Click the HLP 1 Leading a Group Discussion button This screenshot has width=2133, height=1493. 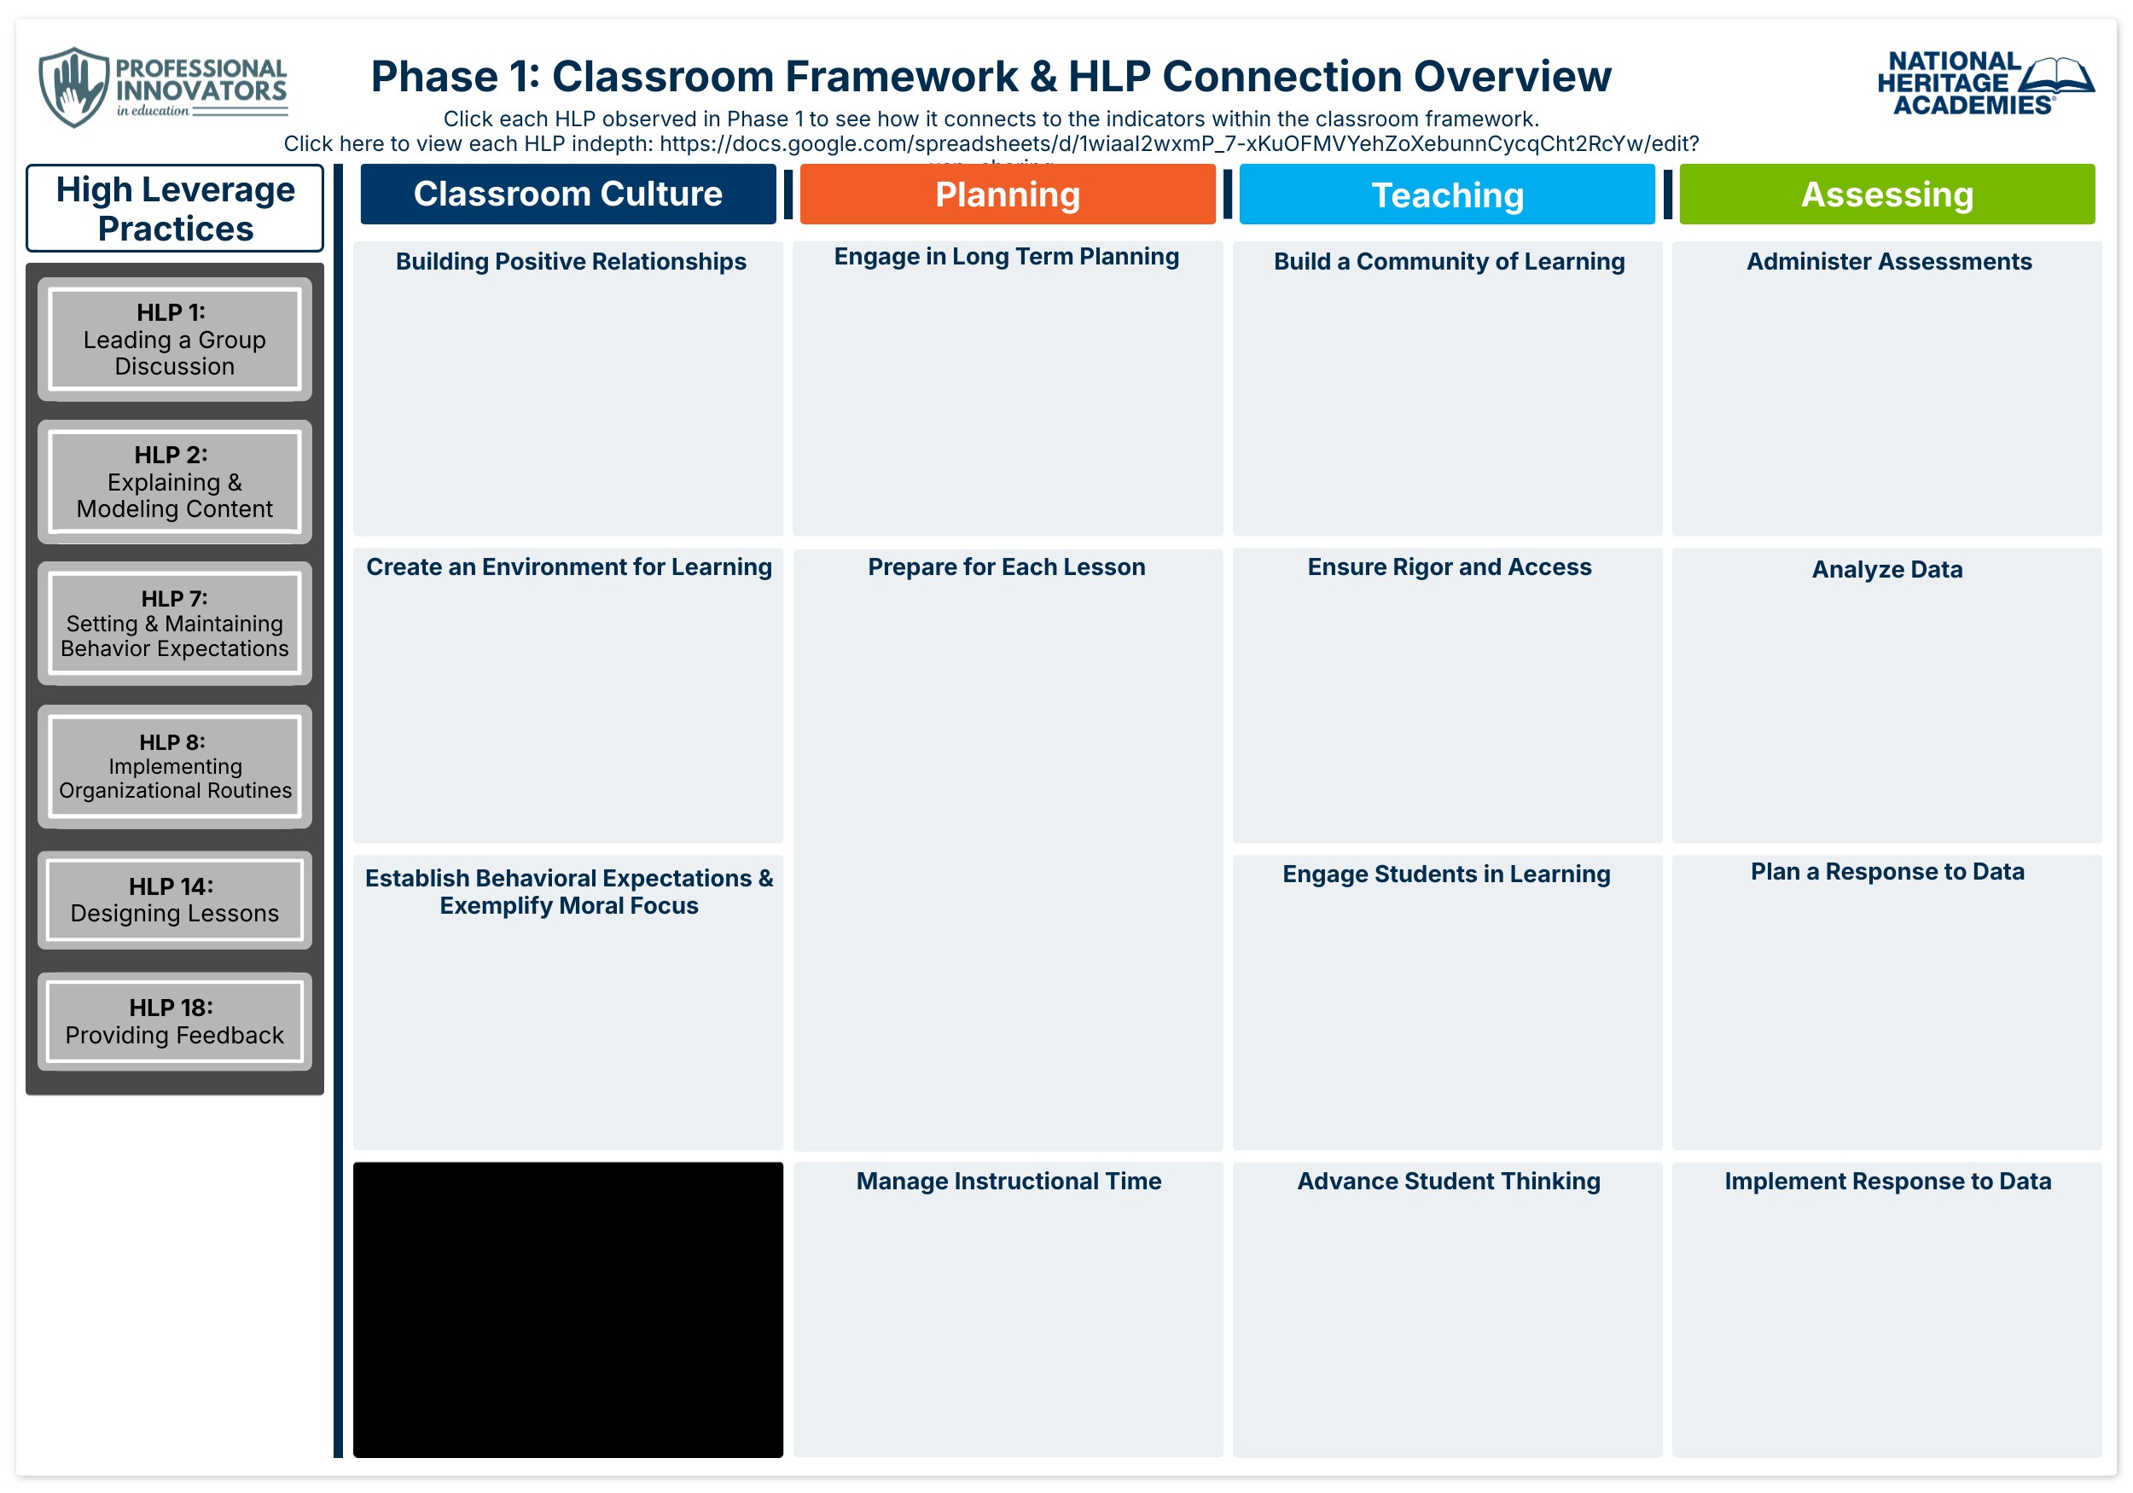click(x=175, y=339)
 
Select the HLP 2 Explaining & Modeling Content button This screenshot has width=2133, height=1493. click(x=175, y=482)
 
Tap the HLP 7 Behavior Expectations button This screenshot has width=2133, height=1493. click(x=175, y=624)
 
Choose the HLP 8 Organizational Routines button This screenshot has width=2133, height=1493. click(x=175, y=766)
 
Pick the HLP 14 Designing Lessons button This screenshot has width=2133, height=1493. click(x=175, y=900)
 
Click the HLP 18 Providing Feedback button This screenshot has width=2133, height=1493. click(x=175, y=1022)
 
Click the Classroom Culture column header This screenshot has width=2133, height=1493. click(x=567, y=195)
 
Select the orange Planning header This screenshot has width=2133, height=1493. click(x=1007, y=195)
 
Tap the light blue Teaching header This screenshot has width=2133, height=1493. click(x=1446, y=195)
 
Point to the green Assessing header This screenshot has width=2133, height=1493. click(x=1886, y=195)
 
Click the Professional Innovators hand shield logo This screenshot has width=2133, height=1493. click(x=73, y=87)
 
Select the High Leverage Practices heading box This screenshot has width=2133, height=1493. click(x=175, y=208)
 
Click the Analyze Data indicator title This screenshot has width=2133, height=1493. click(x=1886, y=570)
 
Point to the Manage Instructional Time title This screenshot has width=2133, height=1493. click(x=1008, y=1181)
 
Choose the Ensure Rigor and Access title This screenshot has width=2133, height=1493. click(x=1450, y=566)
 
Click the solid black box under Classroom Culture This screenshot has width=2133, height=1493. click(x=567, y=1310)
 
